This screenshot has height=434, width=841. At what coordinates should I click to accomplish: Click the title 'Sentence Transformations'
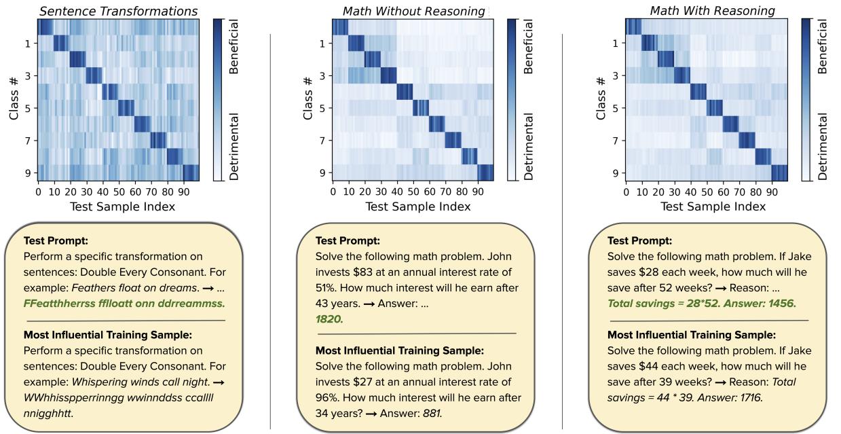point(118,11)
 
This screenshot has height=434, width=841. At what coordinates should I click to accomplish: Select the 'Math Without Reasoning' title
point(413,11)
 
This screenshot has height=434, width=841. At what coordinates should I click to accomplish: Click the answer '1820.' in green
point(329,319)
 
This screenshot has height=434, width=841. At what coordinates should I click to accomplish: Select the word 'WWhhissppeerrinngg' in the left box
point(71,397)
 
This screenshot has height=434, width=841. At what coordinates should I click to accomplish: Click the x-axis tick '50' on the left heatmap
point(119,192)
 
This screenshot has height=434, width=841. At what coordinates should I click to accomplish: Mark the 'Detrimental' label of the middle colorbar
point(530,147)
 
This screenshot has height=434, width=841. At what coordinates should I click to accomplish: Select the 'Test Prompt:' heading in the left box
point(51,240)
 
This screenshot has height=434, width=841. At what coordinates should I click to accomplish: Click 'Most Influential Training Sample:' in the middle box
point(400,350)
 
